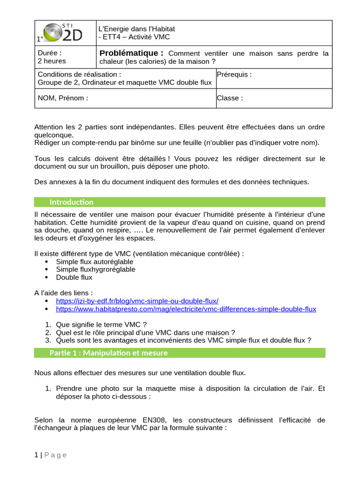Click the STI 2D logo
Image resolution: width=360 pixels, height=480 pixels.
coord(65,33)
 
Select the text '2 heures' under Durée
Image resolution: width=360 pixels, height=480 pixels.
coord(52,61)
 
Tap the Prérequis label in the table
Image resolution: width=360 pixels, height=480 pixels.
coord(234,74)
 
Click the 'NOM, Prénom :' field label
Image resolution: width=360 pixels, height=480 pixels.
coord(63,98)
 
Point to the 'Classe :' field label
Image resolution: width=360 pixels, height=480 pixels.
coord(230,98)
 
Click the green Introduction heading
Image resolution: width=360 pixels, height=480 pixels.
coord(72,202)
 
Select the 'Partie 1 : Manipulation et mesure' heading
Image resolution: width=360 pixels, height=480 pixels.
coord(108,353)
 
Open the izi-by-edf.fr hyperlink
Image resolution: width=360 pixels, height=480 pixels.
coord(137,301)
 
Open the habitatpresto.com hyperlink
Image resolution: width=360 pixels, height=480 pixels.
coord(186,309)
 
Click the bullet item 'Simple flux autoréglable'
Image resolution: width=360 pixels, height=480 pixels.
coord(95,262)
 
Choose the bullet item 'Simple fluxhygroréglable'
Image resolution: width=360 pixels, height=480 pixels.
coord(96,270)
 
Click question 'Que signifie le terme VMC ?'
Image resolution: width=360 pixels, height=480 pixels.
coord(101,324)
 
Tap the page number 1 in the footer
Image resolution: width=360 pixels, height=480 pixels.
coord(36,455)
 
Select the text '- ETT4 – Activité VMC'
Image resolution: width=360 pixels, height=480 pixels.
coord(134,37)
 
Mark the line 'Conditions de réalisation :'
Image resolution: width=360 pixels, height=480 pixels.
coord(79,74)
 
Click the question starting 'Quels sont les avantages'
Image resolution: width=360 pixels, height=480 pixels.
coord(183,340)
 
